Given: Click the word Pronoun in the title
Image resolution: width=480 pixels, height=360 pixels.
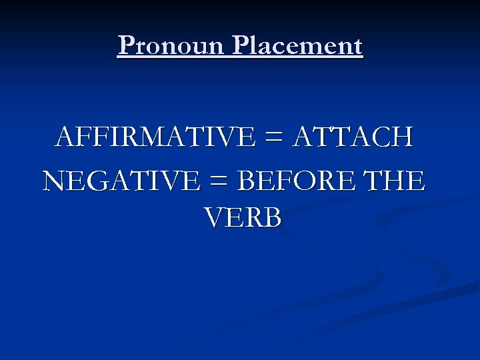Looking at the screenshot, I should (x=172, y=46).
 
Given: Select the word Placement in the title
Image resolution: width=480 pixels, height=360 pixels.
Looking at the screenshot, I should (x=297, y=46).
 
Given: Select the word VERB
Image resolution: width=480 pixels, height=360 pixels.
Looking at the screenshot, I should (x=243, y=217).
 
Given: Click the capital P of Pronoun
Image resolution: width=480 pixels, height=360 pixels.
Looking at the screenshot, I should (x=125, y=46).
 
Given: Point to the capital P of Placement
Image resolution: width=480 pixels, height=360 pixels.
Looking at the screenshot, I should (x=242, y=46).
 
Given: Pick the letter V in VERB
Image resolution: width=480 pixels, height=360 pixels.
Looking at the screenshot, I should (x=215, y=217).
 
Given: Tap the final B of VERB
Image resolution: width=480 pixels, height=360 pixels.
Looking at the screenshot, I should (x=272, y=217).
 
